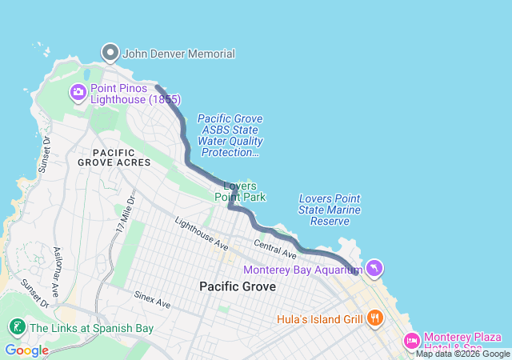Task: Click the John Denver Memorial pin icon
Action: [110, 53]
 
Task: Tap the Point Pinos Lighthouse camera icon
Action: [78, 92]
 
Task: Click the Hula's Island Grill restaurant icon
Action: [375, 318]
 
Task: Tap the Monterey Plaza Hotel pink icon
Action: [412, 341]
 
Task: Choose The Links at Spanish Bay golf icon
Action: [16, 327]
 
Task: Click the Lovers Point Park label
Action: [240, 191]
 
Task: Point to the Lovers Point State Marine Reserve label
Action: [329, 210]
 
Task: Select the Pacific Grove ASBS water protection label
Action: [230, 135]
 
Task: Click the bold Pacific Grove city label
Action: [238, 286]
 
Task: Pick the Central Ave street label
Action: [275, 249]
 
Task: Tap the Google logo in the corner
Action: [26, 350]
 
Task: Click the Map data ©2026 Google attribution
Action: [462, 354]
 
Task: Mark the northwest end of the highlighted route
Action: [156, 87]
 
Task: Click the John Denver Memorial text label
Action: [179, 54]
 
